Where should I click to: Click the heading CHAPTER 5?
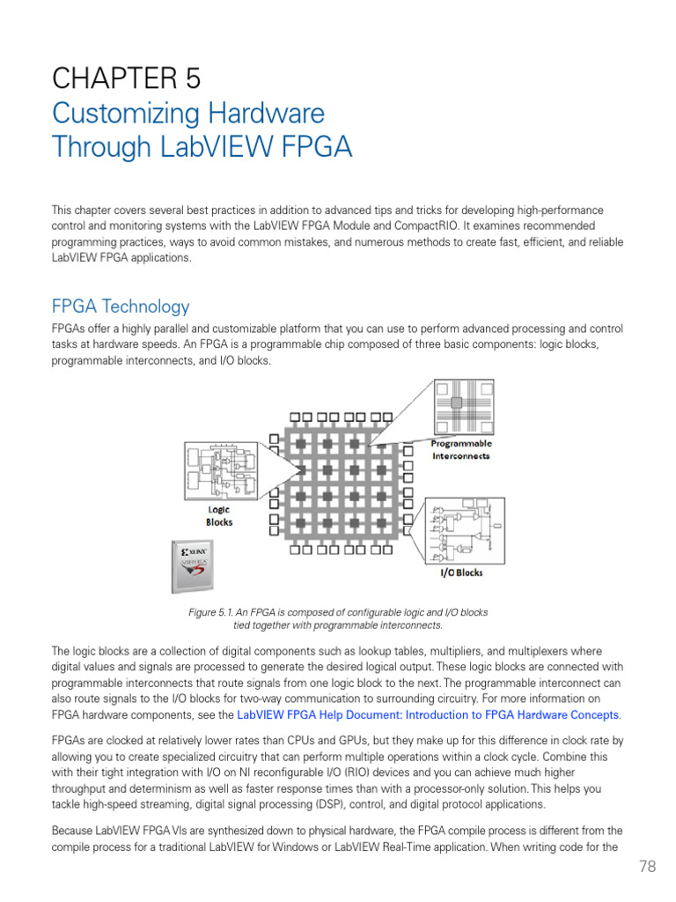coord(126,79)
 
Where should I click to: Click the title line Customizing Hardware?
coord(187,114)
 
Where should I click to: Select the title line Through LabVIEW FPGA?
coord(202,146)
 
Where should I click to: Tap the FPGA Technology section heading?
coord(120,307)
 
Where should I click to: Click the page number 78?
coord(647,867)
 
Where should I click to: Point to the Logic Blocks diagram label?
coord(219,516)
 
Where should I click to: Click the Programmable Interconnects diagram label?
coord(460,450)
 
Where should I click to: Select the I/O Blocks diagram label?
coord(461,573)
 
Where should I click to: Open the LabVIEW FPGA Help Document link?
coord(428,714)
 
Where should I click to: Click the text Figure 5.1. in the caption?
coord(212,612)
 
